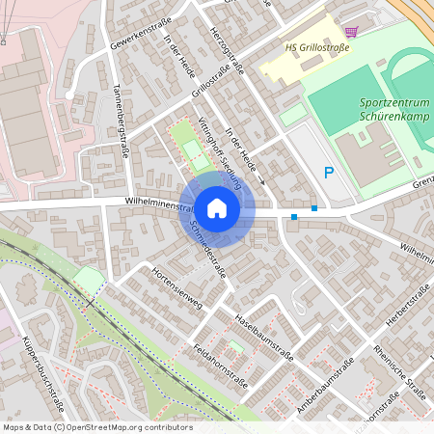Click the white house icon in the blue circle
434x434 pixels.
point(217,207)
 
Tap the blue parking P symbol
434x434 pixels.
point(329,174)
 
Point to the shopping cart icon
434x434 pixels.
point(350,31)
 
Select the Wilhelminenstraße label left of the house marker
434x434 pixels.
point(160,203)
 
